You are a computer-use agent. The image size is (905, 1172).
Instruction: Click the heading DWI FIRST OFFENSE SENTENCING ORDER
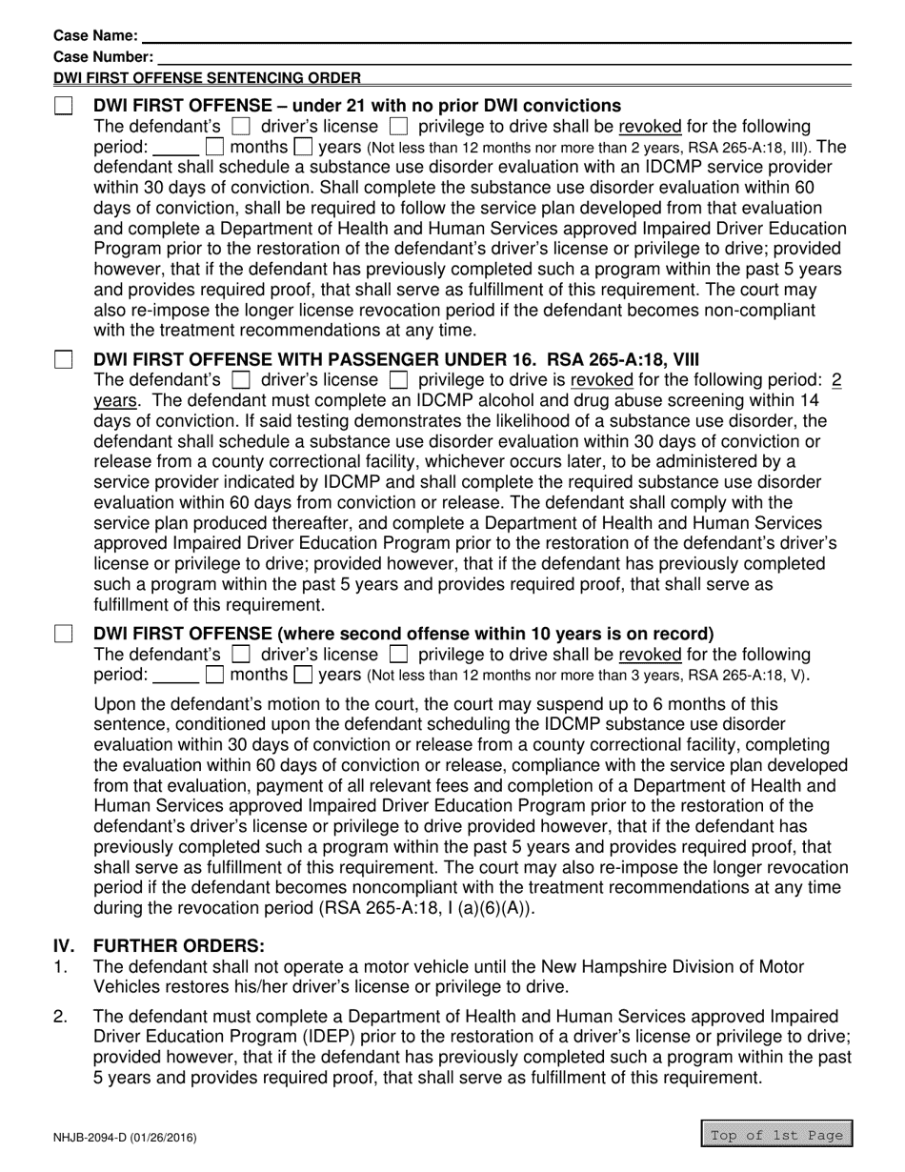[207, 78]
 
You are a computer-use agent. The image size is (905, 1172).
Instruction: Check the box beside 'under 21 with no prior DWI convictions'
[64, 106]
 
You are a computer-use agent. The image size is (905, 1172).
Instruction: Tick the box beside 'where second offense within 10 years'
[64, 635]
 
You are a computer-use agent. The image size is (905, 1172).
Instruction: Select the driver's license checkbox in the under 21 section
[242, 127]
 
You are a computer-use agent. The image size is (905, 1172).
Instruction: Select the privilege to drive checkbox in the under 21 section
[400, 127]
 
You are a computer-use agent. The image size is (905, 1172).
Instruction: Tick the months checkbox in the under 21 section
[215, 148]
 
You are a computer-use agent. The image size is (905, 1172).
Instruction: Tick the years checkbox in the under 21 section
[303, 148]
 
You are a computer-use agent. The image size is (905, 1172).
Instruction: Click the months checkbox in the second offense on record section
[215, 676]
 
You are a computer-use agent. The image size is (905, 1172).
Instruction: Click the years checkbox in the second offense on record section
[303, 676]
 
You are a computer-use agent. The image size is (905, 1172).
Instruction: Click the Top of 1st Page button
[777, 1134]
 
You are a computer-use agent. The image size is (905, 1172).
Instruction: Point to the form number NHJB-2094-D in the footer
[125, 1136]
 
